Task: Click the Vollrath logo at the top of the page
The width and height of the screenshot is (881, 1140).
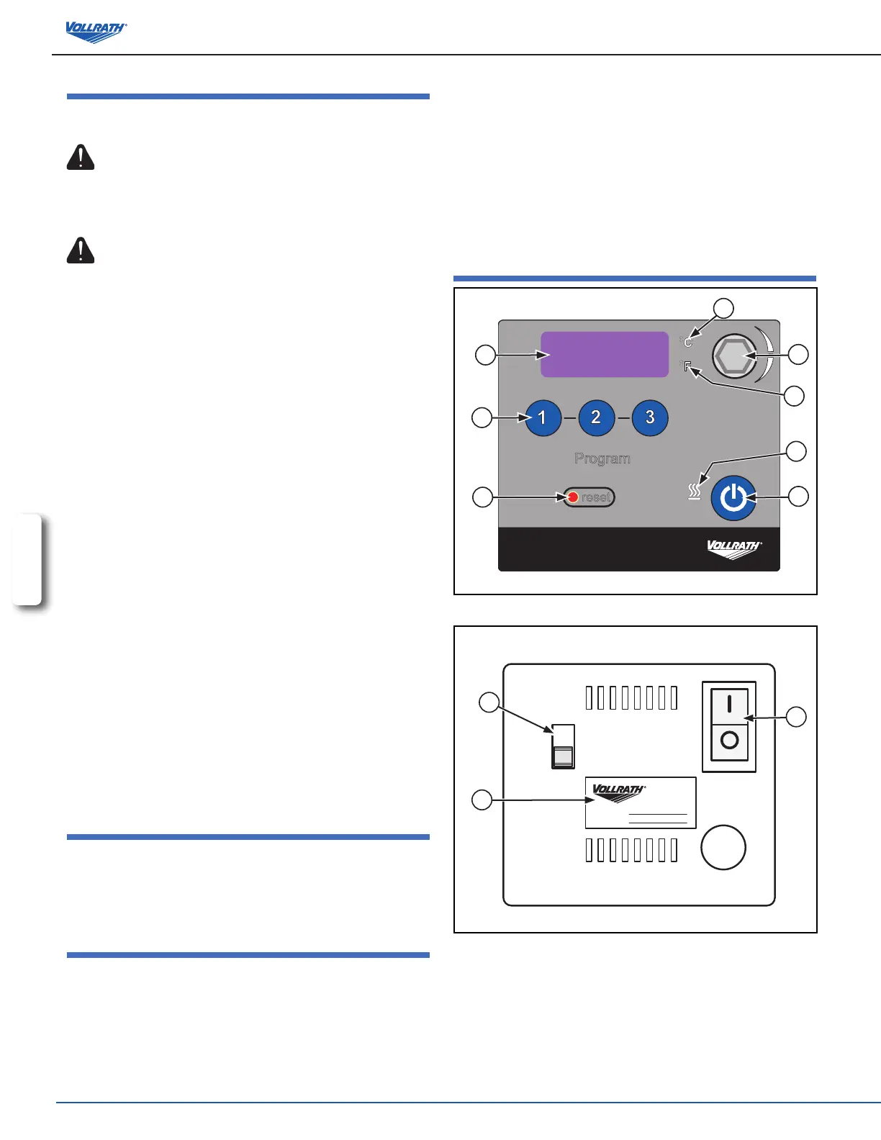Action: click(x=96, y=32)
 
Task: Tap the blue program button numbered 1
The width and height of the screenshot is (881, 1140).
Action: click(x=543, y=417)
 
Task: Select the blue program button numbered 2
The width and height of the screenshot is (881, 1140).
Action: click(x=596, y=417)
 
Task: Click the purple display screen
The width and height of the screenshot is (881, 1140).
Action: click(x=605, y=354)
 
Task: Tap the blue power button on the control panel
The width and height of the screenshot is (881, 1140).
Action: click(x=733, y=497)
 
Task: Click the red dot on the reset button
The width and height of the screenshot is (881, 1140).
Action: click(x=573, y=497)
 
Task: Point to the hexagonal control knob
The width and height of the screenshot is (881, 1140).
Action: click(x=733, y=356)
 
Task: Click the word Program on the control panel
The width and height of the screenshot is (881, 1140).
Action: click(x=602, y=458)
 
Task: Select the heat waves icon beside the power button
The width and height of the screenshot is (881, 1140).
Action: click(x=694, y=492)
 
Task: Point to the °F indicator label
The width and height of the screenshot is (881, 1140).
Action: click(x=687, y=367)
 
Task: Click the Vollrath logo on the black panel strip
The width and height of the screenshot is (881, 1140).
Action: click(x=733, y=549)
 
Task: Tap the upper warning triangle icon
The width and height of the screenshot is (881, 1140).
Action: click(x=81, y=158)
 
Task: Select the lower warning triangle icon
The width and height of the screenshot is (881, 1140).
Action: click(x=81, y=250)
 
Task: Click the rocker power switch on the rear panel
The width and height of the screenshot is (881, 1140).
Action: click(x=729, y=726)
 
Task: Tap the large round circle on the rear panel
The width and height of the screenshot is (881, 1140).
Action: click(x=723, y=847)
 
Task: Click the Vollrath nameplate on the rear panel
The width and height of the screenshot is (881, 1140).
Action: click(x=641, y=802)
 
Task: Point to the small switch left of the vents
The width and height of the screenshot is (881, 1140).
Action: click(x=563, y=746)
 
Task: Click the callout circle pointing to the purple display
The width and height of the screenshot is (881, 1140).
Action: click(x=486, y=355)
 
